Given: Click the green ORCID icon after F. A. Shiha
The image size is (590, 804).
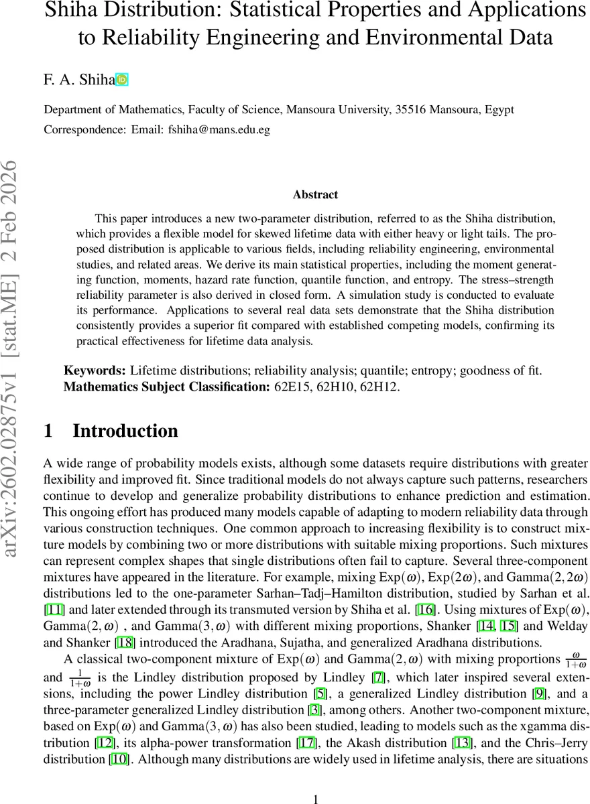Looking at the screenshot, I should [x=121, y=80].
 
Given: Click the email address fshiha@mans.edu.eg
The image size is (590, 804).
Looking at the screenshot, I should [x=219, y=130].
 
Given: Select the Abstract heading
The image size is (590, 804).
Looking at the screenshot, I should [x=315, y=195].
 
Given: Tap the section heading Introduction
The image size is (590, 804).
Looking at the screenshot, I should [x=125, y=431].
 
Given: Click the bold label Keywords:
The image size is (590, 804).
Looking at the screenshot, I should [x=95, y=371].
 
